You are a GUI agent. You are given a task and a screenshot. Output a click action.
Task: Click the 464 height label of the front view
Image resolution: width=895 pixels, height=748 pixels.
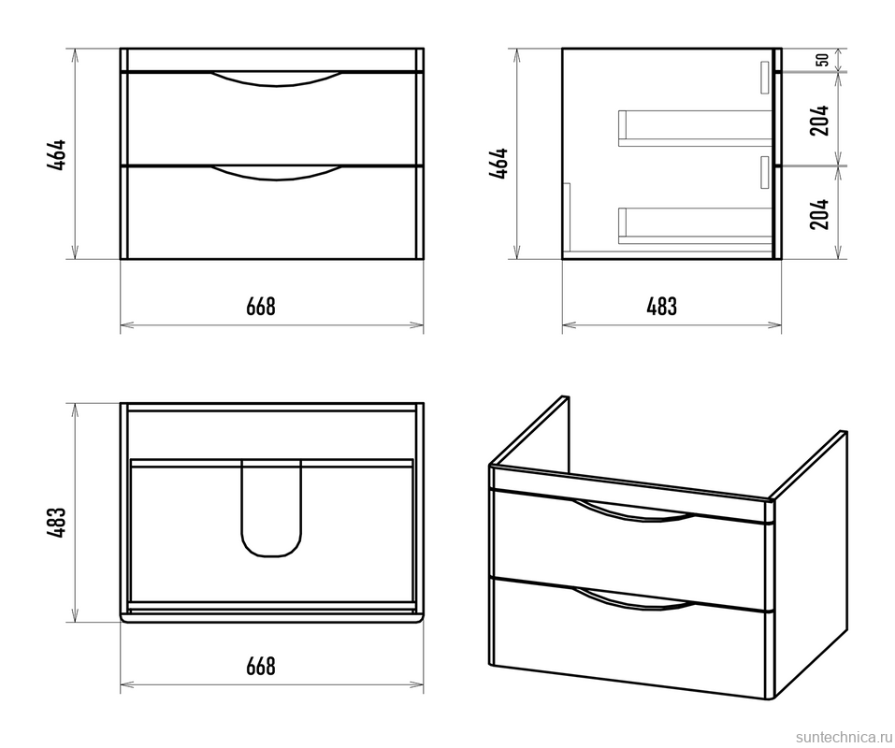pyautogui.click(x=57, y=154)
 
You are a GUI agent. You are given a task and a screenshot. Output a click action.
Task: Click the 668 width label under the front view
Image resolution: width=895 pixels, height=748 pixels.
pyautogui.click(x=261, y=307)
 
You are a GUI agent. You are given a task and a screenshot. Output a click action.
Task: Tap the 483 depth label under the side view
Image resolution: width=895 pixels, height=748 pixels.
pyautogui.click(x=662, y=307)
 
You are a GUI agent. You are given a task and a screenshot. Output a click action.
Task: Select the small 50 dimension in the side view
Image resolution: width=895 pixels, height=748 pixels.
pyautogui.click(x=822, y=59)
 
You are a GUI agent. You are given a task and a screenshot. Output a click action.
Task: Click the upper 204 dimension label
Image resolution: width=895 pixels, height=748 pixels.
pyautogui.click(x=819, y=120)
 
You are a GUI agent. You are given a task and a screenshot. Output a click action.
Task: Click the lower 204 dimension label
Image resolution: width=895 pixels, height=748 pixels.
pyautogui.click(x=819, y=214)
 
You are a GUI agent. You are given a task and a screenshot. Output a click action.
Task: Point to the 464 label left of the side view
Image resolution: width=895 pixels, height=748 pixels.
pyautogui.click(x=498, y=164)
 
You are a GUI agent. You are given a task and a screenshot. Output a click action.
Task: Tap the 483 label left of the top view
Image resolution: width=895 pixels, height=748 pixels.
pyautogui.click(x=57, y=523)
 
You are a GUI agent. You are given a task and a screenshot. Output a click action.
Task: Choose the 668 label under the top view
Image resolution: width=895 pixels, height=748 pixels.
pyautogui.click(x=261, y=667)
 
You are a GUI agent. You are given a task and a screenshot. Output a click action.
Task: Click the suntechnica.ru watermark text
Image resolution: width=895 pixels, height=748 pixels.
pyautogui.click(x=844, y=737)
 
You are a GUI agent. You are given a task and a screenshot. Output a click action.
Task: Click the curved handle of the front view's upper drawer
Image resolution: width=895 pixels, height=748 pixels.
pyautogui.click(x=276, y=79)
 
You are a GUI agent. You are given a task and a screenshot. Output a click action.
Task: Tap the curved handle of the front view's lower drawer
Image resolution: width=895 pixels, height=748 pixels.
pyautogui.click(x=276, y=174)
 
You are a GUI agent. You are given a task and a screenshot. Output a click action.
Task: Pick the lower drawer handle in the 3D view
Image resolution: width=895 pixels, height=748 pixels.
pyautogui.click(x=633, y=599)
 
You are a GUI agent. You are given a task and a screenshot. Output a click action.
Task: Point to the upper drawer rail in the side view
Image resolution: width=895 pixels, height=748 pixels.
pyautogui.click(x=695, y=128)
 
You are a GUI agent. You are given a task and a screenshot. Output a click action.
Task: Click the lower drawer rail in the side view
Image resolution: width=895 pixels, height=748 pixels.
pyautogui.click(x=695, y=225)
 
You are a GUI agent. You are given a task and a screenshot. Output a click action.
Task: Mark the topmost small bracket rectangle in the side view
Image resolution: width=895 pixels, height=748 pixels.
pyautogui.click(x=766, y=77)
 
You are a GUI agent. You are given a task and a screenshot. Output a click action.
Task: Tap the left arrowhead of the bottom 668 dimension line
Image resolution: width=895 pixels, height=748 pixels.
pyautogui.click(x=126, y=684)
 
